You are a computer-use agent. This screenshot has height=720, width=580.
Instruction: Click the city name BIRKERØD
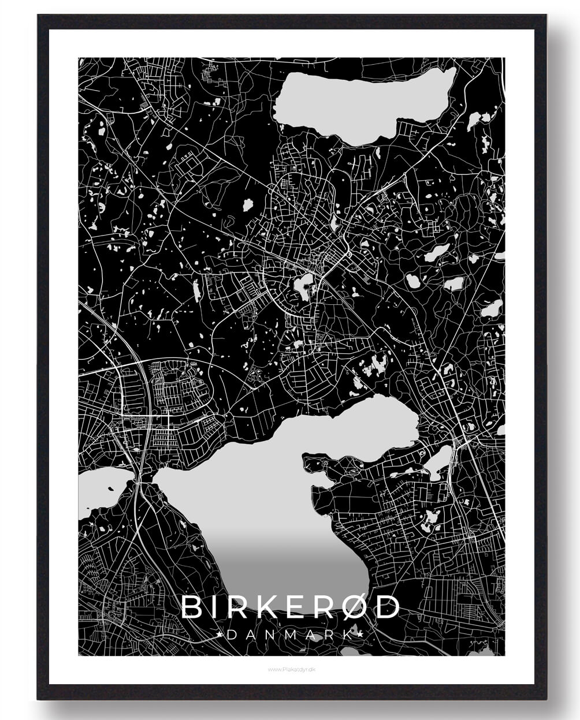click(290, 607)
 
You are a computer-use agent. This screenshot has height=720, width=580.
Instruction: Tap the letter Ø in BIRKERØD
click(355, 607)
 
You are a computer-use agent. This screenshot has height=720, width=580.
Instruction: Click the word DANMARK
click(290, 635)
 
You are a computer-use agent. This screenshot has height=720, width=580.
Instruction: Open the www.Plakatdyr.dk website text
click(291, 670)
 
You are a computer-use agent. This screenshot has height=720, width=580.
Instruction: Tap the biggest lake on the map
click(272, 491)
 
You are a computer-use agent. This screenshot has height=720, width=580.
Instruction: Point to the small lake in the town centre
click(303, 285)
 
